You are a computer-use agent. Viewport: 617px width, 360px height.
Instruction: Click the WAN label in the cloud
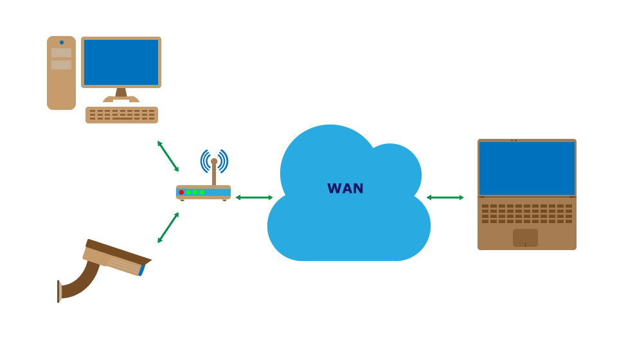[x=345, y=188]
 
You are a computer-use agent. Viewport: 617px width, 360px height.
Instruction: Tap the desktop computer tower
[x=61, y=87]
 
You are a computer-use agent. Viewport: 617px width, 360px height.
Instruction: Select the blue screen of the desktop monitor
[x=121, y=62]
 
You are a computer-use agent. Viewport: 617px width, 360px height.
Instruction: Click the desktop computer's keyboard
[x=121, y=114]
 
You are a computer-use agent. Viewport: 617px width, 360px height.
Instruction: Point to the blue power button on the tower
[x=62, y=42]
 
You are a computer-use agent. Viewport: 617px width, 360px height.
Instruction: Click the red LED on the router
[x=181, y=192]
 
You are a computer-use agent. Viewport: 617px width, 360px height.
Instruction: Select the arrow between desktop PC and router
[x=168, y=156]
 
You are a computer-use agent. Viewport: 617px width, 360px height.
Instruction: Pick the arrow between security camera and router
[x=168, y=228]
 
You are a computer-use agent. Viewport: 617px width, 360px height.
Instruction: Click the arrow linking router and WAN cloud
[x=254, y=197]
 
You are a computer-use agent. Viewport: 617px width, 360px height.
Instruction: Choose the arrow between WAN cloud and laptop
[x=445, y=197]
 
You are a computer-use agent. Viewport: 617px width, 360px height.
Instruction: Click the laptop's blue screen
[x=526, y=168]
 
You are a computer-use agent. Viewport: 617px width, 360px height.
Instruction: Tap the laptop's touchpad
[x=525, y=237]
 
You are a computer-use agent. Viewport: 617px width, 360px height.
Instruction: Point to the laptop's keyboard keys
[x=526, y=213]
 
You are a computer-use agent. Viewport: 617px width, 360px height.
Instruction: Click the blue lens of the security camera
[x=142, y=271]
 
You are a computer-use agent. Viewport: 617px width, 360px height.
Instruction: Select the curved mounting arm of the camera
[x=80, y=283]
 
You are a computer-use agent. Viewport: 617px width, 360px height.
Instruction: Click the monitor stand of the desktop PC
[x=121, y=94]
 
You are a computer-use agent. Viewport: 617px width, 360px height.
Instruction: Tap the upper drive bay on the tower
[x=61, y=53]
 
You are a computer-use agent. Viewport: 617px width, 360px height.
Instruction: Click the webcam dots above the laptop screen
[x=514, y=140]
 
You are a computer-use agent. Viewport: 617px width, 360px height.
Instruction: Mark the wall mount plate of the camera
[x=59, y=291]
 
